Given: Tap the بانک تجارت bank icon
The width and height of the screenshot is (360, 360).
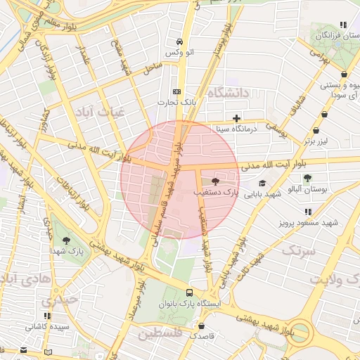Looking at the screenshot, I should coord(176,91).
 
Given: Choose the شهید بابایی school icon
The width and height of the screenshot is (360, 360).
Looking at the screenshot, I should coord(262,184).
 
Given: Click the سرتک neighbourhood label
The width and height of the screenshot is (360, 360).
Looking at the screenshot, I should coord(299,250).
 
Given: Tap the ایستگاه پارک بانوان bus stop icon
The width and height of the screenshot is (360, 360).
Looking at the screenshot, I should coord(189,292).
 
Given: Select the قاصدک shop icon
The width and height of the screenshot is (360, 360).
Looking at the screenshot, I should coord(202,326).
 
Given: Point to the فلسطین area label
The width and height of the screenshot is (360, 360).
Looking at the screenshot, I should coord(160,333).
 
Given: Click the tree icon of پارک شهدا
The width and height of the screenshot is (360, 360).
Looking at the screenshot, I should coord(66,240).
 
